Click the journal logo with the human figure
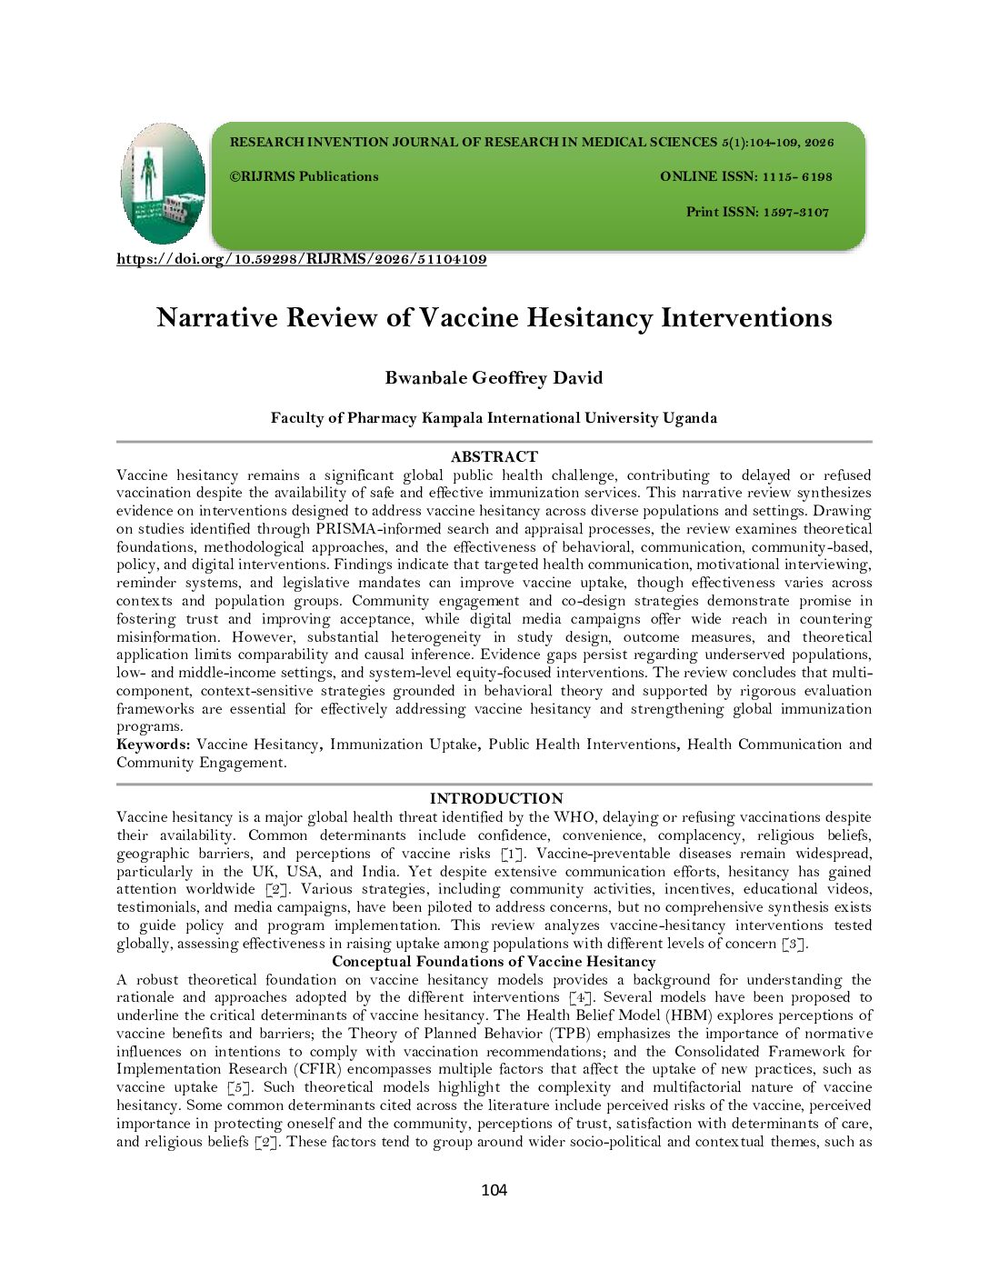pyautogui.click(x=163, y=183)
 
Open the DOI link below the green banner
pyautogui.click(x=301, y=259)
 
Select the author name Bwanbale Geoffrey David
pyautogui.click(x=494, y=378)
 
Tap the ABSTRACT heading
pyautogui.click(x=494, y=456)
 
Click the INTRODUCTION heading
pyautogui.click(x=495, y=798)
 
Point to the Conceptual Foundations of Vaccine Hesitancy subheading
pyautogui.click(x=494, y=961)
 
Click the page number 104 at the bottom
pyautogui.click(x=494, y=1190)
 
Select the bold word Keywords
pyautogui.click(x=153, y=745)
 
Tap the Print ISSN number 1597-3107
pyautogui.click(x=795, y=212)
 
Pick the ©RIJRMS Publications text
pyautogui.click(x=304, y=176)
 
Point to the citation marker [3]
pyautogui.click(x=794, y=944)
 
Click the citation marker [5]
pyautogui.click(x=239, y=1087)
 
